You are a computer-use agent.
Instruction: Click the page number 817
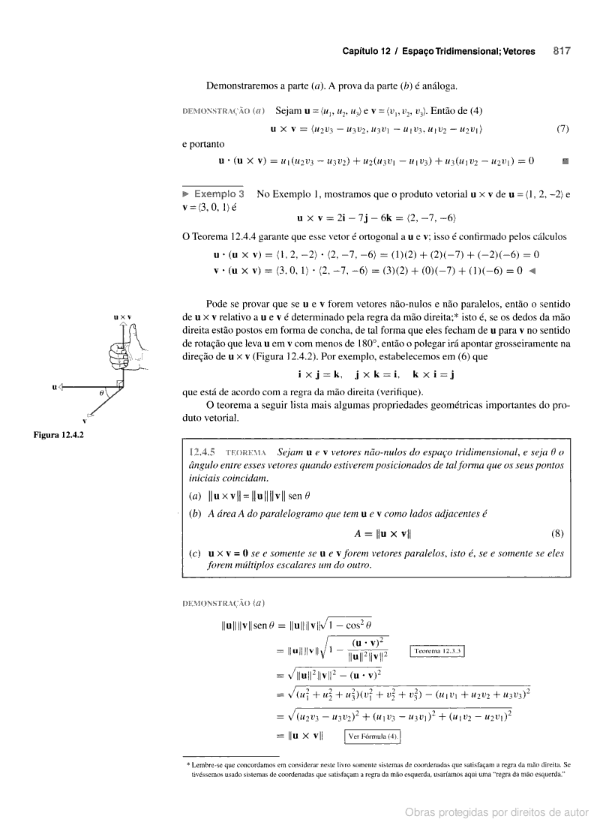[x=562, y=52]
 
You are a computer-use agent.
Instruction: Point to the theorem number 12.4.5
[x=202, y=453]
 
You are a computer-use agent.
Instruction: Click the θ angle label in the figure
[x=101, y=392]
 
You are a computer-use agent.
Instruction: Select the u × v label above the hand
[x=122, y=317]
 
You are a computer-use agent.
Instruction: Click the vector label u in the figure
[x=55, y=386]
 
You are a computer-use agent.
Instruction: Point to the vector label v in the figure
[x=84, y=421]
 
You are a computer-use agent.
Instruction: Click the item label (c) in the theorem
[x=195, y=553]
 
